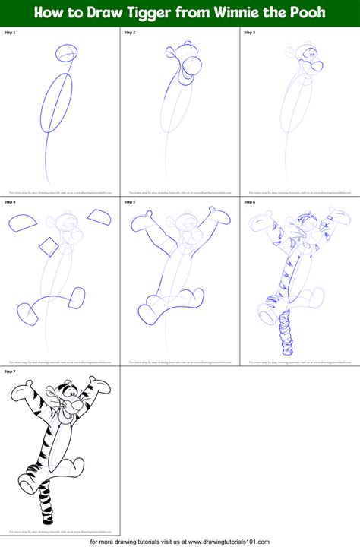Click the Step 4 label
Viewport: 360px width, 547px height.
(10, 202)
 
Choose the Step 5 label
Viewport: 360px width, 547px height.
(130, 202)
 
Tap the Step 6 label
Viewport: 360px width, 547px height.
(249, 202)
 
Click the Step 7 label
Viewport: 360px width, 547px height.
(10, 372)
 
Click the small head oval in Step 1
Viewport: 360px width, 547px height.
(67, 53)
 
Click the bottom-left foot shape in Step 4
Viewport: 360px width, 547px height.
(27, 312)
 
